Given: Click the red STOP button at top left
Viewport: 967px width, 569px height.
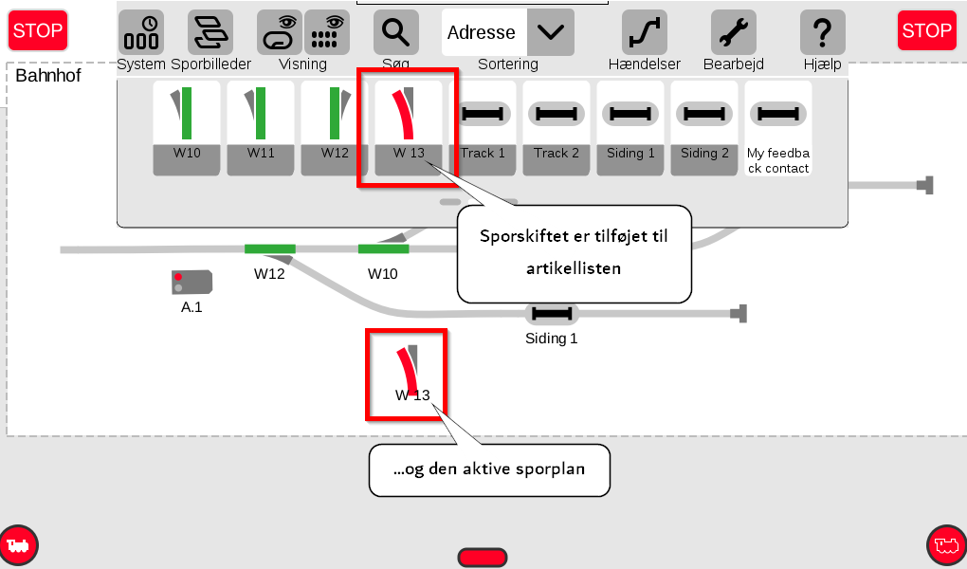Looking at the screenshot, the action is pyautogui.click(x=38, y=30).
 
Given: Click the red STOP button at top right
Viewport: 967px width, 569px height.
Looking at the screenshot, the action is pyautogui.click(x=926, y=30).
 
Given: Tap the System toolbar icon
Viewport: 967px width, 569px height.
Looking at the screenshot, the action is pyautogui.click(x=141, y=32).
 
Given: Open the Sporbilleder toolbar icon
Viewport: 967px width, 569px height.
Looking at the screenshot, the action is pyautogui.click(x=210, y=32).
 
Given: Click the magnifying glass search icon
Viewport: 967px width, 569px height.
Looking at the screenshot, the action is pyautogui.click(x=396, y=32).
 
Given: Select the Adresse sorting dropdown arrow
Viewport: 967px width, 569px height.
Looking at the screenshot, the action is pyautogui.click(x=551, y=32).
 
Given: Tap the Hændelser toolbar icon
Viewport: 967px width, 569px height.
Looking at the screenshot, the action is pyautogui.click(x=645, y=32).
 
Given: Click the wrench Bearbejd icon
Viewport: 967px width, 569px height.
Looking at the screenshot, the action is pyautogui.click(x=734, y=32).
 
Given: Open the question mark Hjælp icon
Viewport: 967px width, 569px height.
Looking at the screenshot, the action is pyautogui.click(x=823, y=32).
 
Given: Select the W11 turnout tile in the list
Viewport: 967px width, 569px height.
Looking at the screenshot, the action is pyautogui.click(x=261, y=128).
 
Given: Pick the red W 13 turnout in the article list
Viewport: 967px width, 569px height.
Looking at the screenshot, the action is pyautogui.click(x=409, y=128).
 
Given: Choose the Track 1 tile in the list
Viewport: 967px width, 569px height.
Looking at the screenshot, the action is pyautogui.click(x=483, y=128).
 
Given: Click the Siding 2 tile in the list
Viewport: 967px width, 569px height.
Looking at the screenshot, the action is pyautogui.click(x=704, y=128).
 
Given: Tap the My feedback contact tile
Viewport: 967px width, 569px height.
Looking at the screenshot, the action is pyautogui.click(x=778, y=128).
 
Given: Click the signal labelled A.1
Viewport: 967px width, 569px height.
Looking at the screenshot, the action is pyautogui.click(x=192, y=282).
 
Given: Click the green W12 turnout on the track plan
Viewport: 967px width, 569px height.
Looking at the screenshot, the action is pyautogui.click(x=269, y=249).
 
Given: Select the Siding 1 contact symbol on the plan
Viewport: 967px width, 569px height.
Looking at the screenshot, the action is pyautogui.click(x=552, y=314).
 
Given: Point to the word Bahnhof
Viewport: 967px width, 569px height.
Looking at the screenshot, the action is pyautogui.click(x=48, y=75).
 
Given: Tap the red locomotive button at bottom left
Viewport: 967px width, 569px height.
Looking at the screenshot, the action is pyautogui.click(x=19, y=545).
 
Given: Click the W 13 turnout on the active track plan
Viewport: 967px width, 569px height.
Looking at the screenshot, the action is pyautogui.click(x=408, y=369).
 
